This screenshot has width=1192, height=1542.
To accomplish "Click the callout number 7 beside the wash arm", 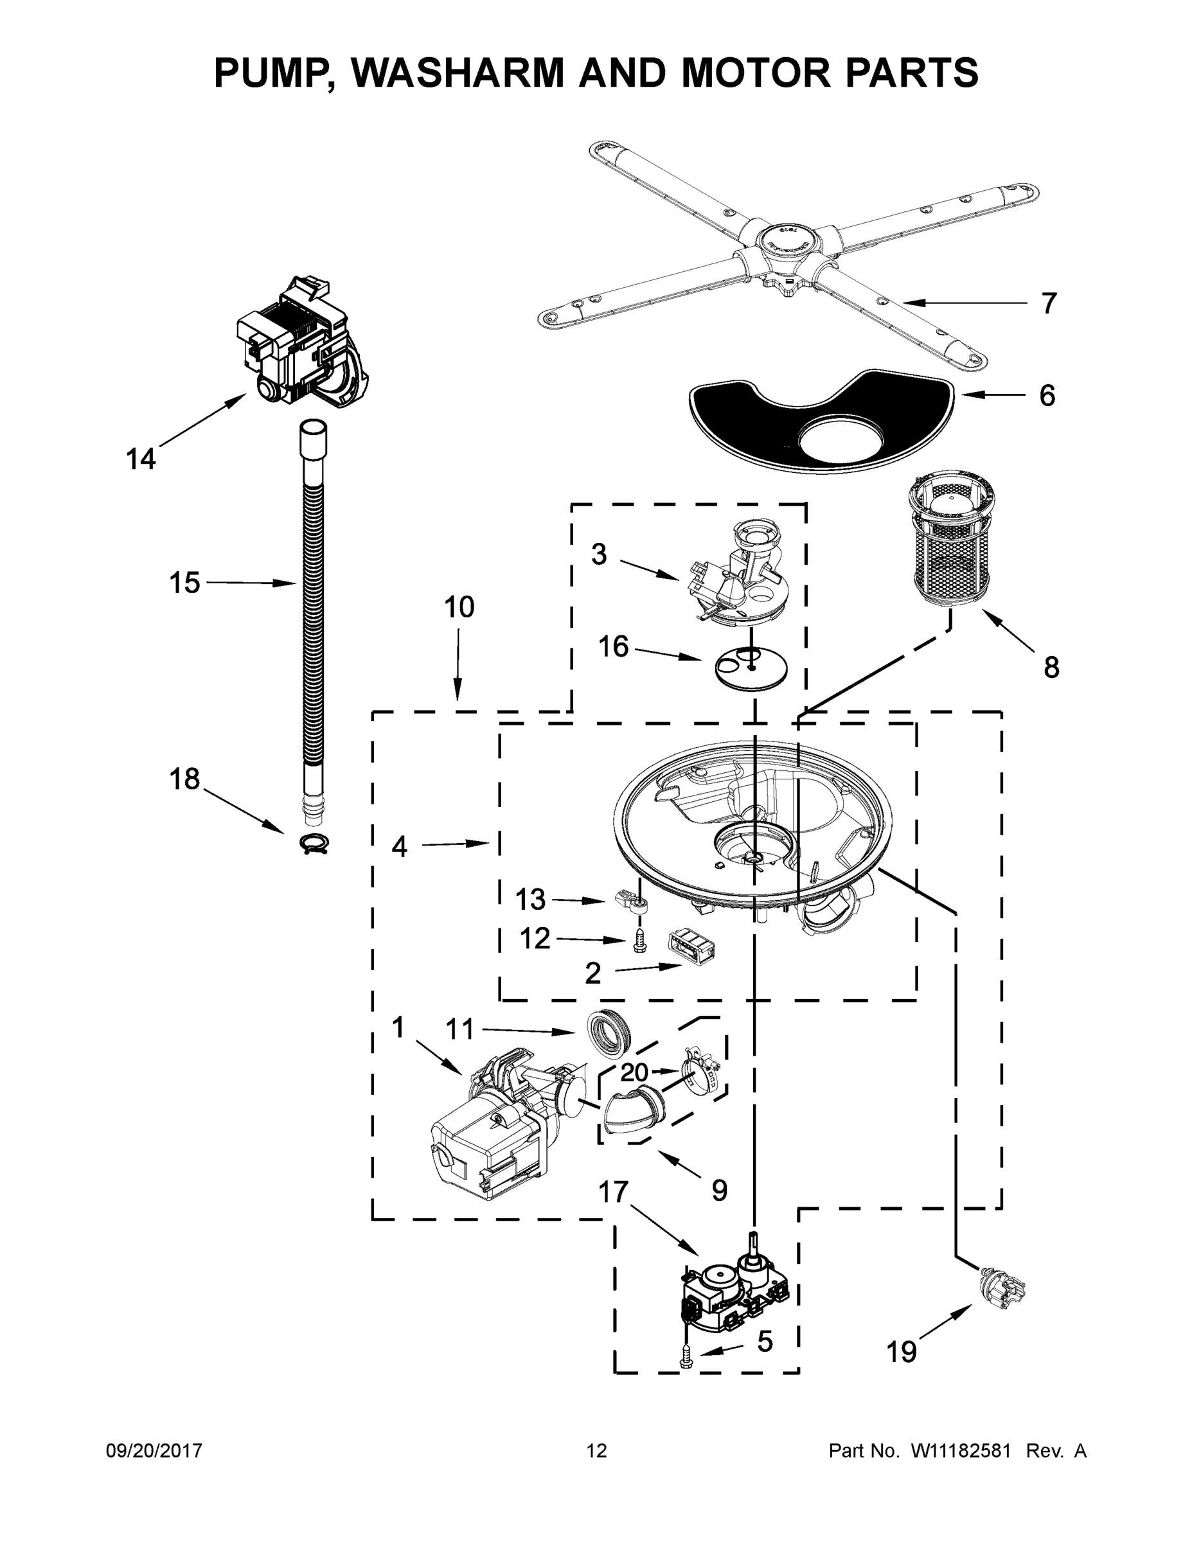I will click(x=1049, y=304).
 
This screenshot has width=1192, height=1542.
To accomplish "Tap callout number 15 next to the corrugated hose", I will click(x=184, y=583).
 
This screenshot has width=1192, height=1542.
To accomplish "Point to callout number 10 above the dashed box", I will click(x=459, y=607).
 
